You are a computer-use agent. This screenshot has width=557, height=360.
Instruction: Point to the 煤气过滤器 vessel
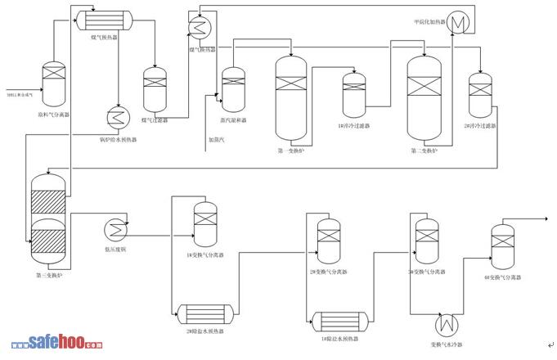[155, 89]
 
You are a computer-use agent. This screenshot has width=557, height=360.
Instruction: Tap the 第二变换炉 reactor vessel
[424, 97]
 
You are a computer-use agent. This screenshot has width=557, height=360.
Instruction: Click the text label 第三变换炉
[49, 276]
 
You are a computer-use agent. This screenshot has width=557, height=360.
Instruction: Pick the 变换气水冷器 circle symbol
[447, 322]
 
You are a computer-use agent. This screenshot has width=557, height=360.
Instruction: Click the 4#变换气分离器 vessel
[502, 245]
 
